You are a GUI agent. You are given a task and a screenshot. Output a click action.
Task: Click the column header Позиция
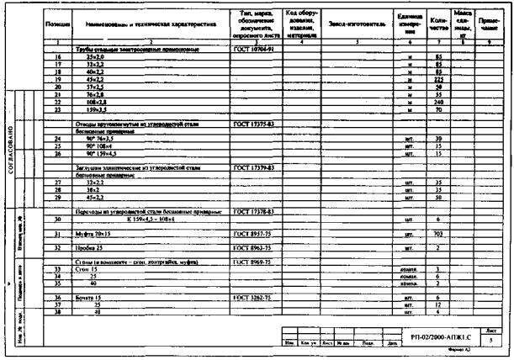(x=58, y=26)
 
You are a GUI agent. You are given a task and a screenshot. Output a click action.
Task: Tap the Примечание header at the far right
(x=489, y=25)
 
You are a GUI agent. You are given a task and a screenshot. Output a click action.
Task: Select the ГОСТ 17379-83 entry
(x=252, y=168)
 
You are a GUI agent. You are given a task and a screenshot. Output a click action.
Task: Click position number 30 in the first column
(x=58, y=220)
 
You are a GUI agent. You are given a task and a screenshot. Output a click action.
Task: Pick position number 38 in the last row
(x=58, y=312)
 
